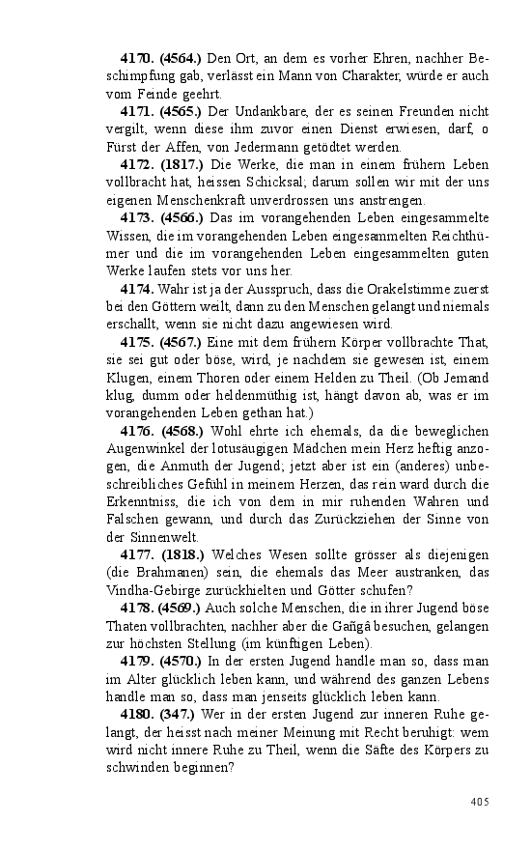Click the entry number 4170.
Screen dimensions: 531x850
[137, 60]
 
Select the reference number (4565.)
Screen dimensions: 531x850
[182, 112]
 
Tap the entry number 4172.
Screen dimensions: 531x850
[137, 165]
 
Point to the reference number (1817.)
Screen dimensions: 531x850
[182, 165]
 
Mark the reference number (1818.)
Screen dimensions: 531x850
[182, 554]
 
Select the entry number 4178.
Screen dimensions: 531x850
[137, 608]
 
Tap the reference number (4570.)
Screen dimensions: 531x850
[182, 661]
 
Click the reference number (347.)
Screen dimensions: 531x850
[178, 714]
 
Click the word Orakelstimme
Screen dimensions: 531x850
[386, 289]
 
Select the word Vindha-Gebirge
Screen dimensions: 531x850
[146, 590]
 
